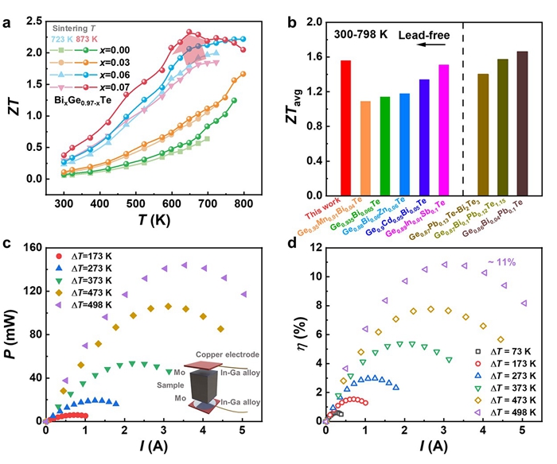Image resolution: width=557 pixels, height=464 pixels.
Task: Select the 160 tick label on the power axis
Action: (x=29, y=247)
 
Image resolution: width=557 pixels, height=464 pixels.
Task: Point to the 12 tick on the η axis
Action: (x=312, y=247)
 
